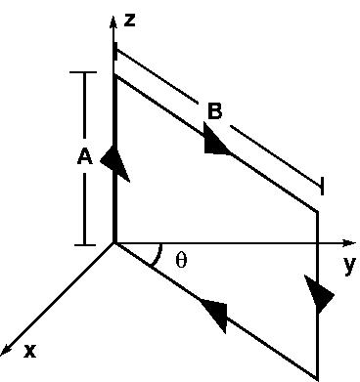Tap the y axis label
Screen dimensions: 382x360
coord(347,264)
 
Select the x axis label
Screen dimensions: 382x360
coord(29,349)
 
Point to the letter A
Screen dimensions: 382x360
coord(84,156)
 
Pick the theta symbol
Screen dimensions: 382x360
coord(181,260)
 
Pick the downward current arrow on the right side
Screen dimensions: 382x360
coord(318,293)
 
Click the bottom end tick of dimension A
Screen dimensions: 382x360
coord(86,243)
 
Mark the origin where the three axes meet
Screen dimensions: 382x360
coord(115,242)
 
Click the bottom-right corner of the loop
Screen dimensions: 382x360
coord(318,377)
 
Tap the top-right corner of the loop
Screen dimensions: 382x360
coord(318,211)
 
